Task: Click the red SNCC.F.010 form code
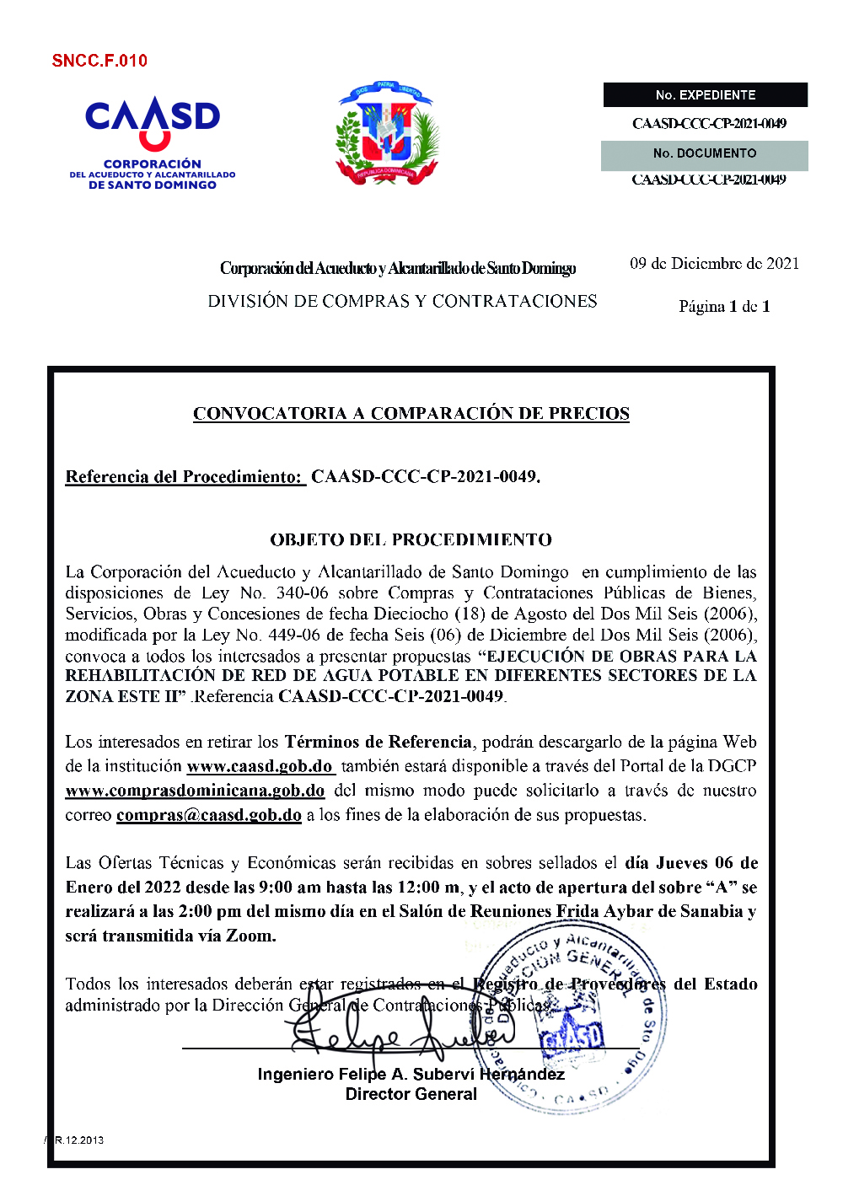coord(99,61)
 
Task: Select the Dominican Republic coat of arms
coord(386,132)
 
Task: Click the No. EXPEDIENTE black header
coord(706,95)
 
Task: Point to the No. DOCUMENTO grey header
coord(705,153)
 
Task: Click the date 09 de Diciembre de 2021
coord(714,264)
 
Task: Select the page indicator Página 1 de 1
coord(724,307)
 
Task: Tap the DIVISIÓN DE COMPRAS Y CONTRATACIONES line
coord(402,302)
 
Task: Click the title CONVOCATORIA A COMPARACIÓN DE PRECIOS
coord(411,414)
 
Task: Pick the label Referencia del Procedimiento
coord(185,477)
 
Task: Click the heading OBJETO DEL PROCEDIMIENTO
coord(411,540)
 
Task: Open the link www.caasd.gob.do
coord(260,767)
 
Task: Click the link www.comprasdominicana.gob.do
coord(195,791)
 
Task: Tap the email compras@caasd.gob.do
coord(209,815)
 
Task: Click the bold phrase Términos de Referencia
coord(378,743)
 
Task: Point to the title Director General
coord(411,1094)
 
